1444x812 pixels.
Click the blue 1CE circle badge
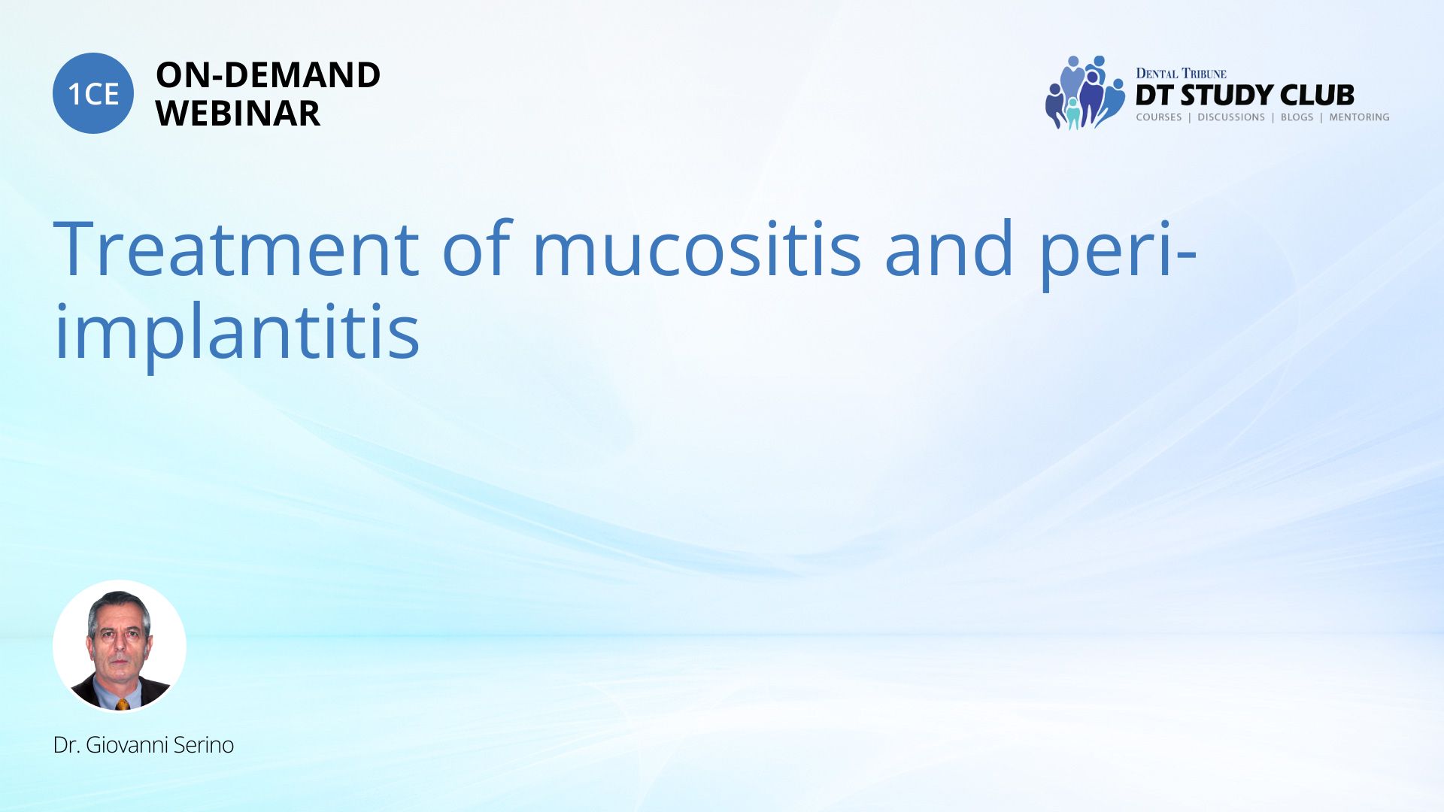(x=93, y=93)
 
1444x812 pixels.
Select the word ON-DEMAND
(x=268, y=75)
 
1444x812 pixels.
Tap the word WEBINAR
(x=238, y=114)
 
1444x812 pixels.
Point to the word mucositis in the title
(x=696, y=248)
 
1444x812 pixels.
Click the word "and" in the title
(x=949, y=248)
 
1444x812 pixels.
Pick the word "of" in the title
(x=477, y=248)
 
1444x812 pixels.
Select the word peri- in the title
(x=1118, y=252)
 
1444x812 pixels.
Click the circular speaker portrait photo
(x=120, y=646)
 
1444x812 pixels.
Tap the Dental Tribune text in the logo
(x=1181, y=74)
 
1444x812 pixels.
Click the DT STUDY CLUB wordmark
(x=1245, y=95)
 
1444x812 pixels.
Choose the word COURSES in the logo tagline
(x=1159, y=117)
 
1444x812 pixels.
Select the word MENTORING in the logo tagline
(x=1359, y=117)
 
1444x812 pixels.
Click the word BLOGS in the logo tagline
(x=1297, y=117)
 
